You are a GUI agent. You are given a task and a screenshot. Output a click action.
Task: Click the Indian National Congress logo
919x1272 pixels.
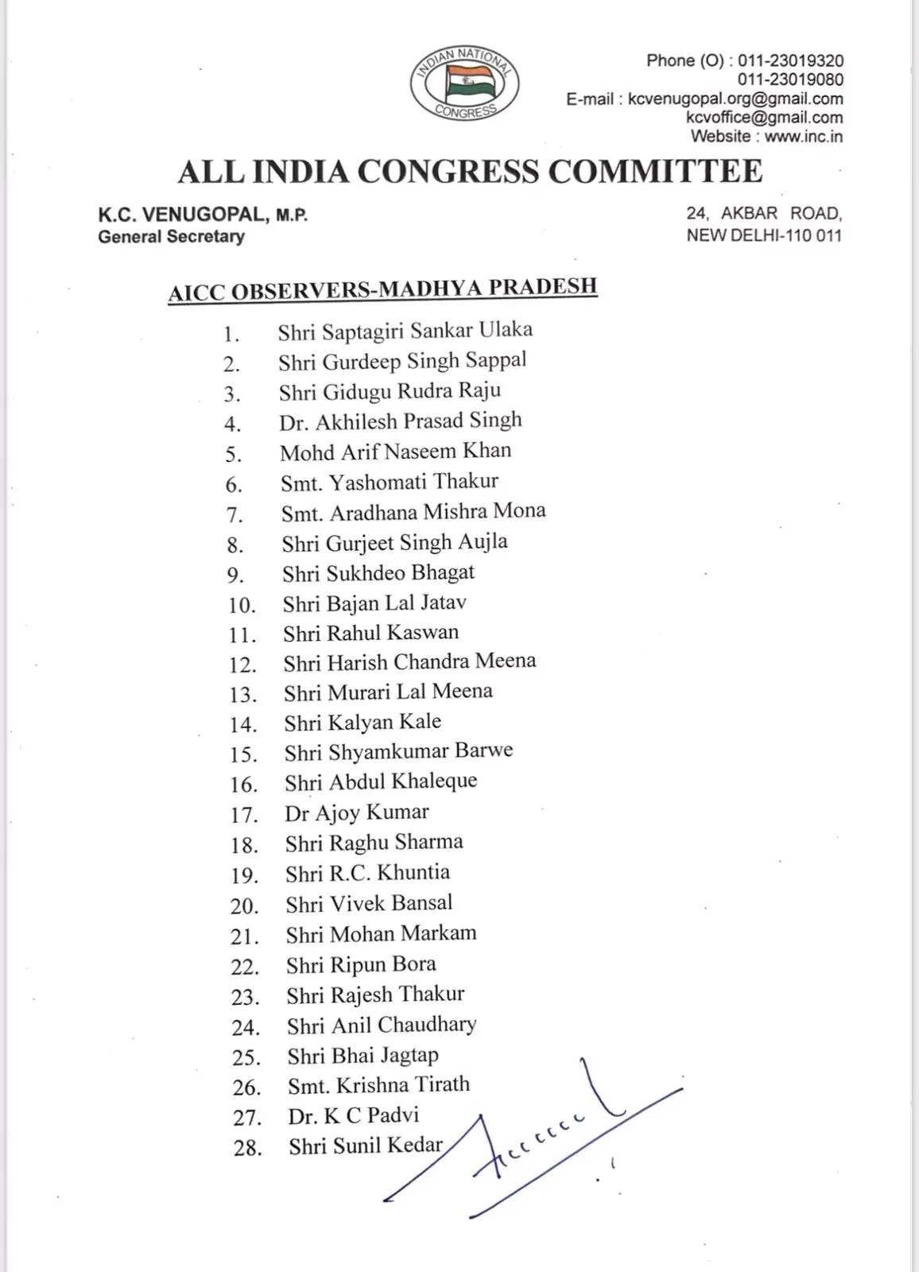tap(465, 84)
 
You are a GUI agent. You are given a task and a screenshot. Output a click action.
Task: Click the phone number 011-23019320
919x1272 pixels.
tap(790, 61)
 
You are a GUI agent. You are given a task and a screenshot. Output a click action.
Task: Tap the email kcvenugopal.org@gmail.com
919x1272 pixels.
tap(735, 99)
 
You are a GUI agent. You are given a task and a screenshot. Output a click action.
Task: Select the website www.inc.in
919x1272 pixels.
tap(803, 137)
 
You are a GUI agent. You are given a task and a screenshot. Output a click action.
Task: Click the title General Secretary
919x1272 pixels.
tap(171, 237)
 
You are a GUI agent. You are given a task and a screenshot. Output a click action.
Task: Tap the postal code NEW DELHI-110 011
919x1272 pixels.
tap(764, 236)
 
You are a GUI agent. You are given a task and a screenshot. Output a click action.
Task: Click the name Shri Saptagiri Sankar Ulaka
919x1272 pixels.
tap(405, 332)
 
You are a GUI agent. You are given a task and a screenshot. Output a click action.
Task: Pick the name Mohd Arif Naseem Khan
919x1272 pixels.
tap(395, 452)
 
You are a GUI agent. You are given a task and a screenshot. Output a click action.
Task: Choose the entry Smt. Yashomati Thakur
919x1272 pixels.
tap(389, 483)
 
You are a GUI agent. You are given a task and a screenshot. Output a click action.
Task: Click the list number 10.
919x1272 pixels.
tap(242, 606)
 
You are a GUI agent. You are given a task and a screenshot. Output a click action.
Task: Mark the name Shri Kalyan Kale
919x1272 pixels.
tap(363, 723)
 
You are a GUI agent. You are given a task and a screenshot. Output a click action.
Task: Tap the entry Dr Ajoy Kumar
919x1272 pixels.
tap(356, 813)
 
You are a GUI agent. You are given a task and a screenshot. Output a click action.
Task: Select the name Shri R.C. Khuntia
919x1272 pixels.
tap(367, 874)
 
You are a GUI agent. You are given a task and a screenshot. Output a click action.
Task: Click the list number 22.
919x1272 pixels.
tap(245, 968)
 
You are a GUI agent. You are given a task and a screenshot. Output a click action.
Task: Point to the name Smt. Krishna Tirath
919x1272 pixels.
tap(378, 1085)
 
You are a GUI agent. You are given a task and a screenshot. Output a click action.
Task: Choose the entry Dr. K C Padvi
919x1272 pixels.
tap(353, 1116)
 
